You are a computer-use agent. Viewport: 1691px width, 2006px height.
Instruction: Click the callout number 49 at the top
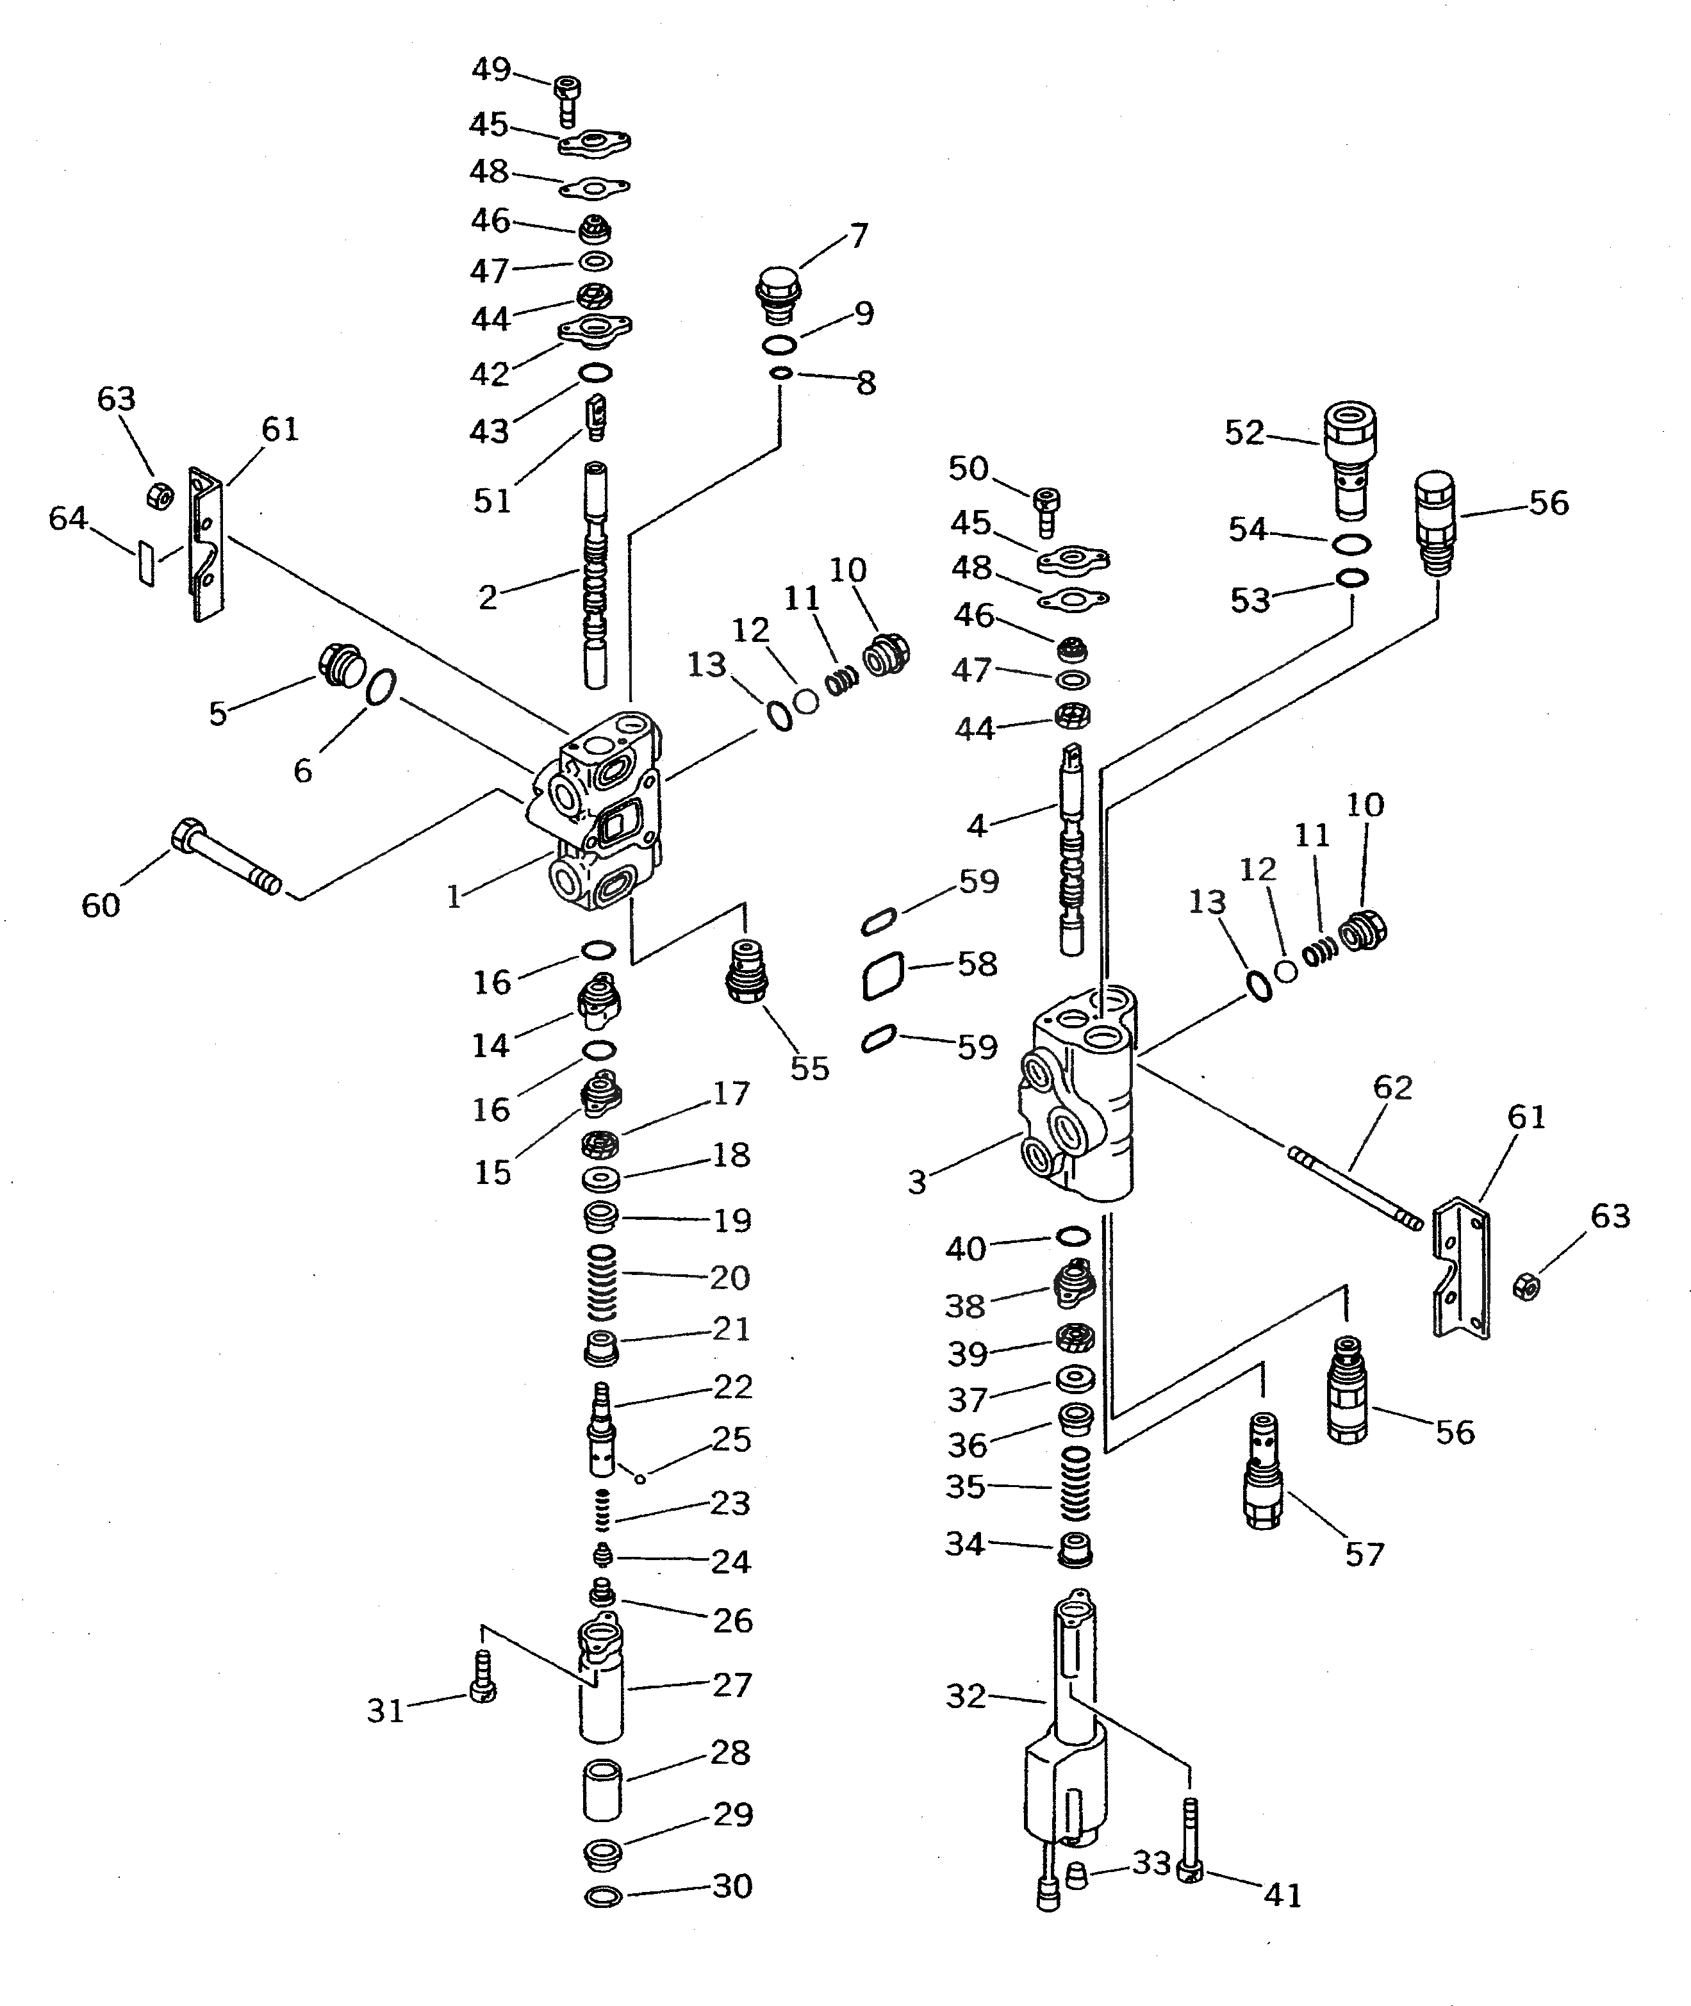click(x=491, y=70)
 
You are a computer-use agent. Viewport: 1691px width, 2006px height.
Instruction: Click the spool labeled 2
click(x=595, y=575)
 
